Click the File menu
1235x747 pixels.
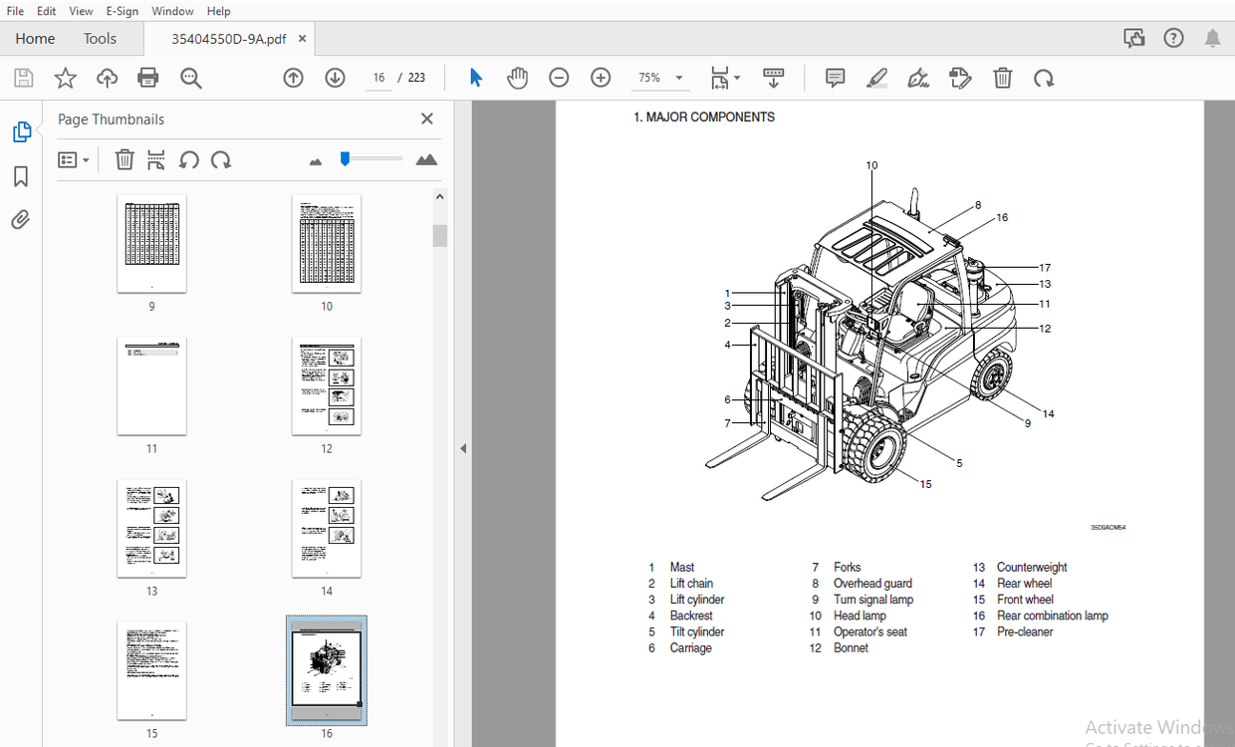pyautogui.click(x=15, y=11)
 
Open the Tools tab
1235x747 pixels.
pyautogui.click(x=100, y=39)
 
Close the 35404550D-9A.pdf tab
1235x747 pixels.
pyautogui.click(x=302, y=39)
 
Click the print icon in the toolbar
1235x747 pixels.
pyautogui.click(x=148, y=78)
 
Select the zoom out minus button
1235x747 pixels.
pyautogui.click(x=559, y=78)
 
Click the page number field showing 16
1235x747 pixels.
pyautogui.click(x=378, y=78)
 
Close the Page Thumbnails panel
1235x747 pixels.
pyautogui.click(x=427, y=120)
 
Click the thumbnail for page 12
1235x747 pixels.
pyautogui.click(x=327, y=385)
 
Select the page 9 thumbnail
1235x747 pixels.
pyautogui.click(x=151, y=243)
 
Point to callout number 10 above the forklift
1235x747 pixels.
pyautogui.click(x=871, y=165)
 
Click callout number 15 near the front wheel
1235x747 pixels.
pyautogui.click(x=925, y=484)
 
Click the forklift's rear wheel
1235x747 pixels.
pyautogui.click(x=992, y=377)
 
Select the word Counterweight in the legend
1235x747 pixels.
pyautogui.click(x=1031, y=568)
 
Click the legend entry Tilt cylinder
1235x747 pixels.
pyautogui.click(x=696, y=632)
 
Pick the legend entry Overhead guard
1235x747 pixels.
pyautogui.click(x=872, y=584)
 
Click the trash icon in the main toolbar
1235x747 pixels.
pyautogui.click(x=1003, y=78)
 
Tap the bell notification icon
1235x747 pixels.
pyautogui.click(x=1212, y=39)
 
